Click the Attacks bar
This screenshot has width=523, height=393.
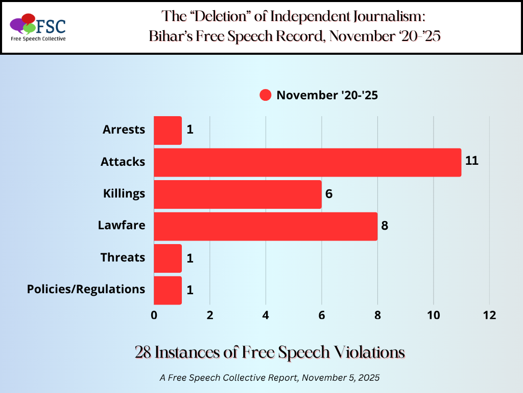pyautogui.click(x=307, y=162)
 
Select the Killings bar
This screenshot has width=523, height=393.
pyautogui.click(x=237, y=194)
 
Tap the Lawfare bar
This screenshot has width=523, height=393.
pyautogui.click(x=265, y=226)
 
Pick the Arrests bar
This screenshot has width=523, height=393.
pyautogui.click(x=168, y=130)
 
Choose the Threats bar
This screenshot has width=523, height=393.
pyautogui.click(x=168, y=258)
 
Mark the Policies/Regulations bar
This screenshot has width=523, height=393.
pyautogui.click(x=168, y=290)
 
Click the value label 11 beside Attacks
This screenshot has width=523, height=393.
pyautogui.click(x=471, y=161)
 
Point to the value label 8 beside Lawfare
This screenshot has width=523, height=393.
pyautogui.click(x=385, y=226)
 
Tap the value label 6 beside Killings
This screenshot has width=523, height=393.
pyautogui.click(x=329, y=194)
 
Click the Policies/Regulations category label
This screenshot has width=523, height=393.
pyautogui.click(x=86, y=289)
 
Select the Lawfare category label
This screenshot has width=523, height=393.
pyautogui.click(x=122, y=225)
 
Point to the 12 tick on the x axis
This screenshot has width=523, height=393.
pyautogui.click(x=489, y=316)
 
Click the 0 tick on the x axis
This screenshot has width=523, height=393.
pyautogui.click(x=154, y=316)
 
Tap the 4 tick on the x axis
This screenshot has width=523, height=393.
pyautogui.click(x=266, y=316)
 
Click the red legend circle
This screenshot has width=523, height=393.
pyautogui.click(x=265, y=95)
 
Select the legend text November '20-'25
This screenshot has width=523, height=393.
pyautogui.click(x=327, y=95)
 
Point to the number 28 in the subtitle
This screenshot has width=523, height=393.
pyautogui.click(x=144, y=352)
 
